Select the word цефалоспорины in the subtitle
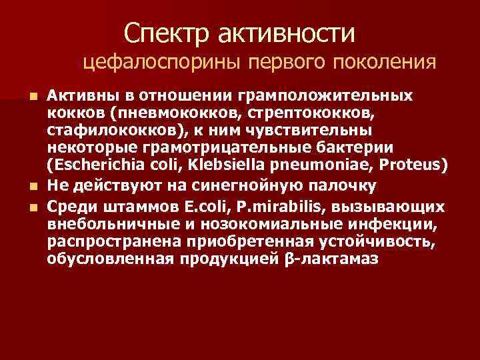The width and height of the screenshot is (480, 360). [x=163, y=63]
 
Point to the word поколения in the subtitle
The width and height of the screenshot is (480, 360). [x=389, y=63]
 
